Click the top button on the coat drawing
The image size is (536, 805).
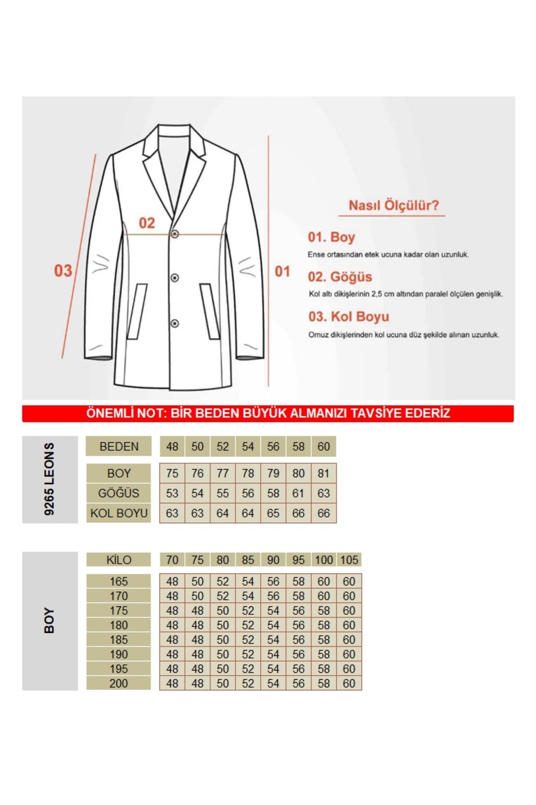(175, 234)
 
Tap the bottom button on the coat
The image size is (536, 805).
(175, 323)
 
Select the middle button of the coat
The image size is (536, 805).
(175, 278)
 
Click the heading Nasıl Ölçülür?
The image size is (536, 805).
(393, 206)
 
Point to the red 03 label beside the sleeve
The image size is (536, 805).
(63, 271)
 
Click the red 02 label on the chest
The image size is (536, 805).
(147, 223)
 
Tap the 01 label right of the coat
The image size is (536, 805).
(282, 271)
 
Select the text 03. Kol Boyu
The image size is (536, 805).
(348, 317)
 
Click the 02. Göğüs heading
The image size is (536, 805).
(339, 277)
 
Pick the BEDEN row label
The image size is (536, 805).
(119, 446)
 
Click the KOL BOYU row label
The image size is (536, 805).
(119, 513)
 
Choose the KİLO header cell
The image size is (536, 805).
(119, 560)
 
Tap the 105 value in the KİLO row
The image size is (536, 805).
(349, 560)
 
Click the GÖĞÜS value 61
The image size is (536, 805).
(298, 493)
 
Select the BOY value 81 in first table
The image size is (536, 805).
(323, 473)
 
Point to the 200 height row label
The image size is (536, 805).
(119, 683)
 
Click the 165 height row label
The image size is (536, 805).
(119, 581)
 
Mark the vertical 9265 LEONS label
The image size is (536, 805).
(50, 479)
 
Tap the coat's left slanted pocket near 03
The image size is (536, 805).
(137, 311)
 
